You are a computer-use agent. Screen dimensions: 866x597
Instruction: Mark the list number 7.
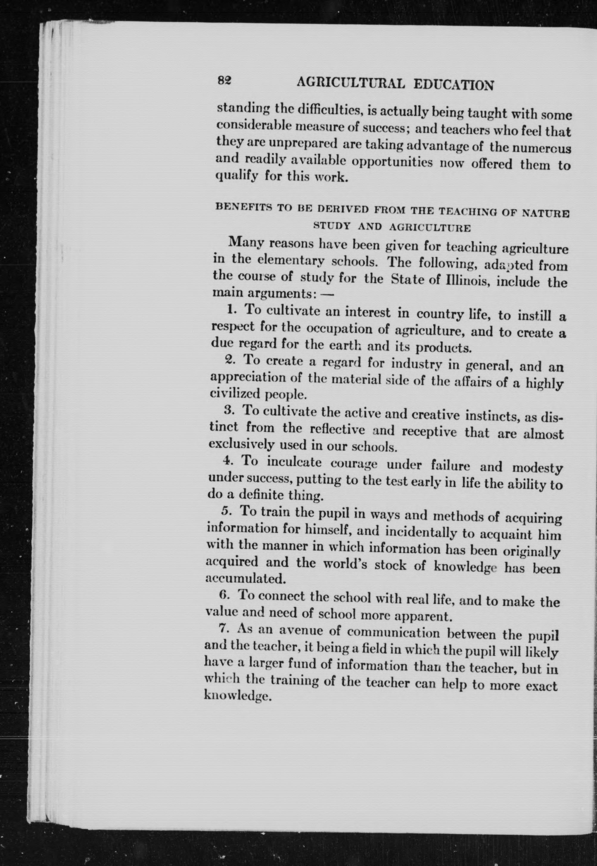click(223, 628)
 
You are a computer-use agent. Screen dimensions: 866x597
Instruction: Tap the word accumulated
click(246, 579)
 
